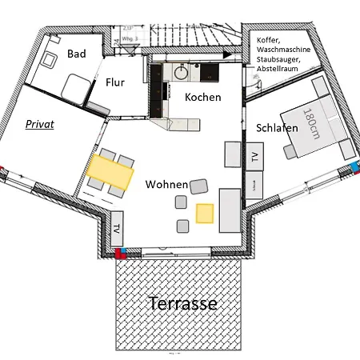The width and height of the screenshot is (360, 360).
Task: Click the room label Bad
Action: click(x=77, y=54)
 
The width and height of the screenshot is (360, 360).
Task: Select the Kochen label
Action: click(x=203, y=97)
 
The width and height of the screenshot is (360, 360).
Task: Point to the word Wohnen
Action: click(x=166, y=184)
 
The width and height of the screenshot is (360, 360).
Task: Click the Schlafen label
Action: click(x=277, y=128)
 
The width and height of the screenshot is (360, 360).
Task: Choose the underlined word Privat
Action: click(x=39, y=125)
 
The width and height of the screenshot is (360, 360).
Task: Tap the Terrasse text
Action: click(x=183, y=304)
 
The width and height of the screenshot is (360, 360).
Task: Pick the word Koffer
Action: click(x=270, y=40)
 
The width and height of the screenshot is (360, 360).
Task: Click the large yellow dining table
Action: click(x=110, y=172)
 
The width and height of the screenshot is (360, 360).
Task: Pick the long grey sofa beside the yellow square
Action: click(x=229, y=208)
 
